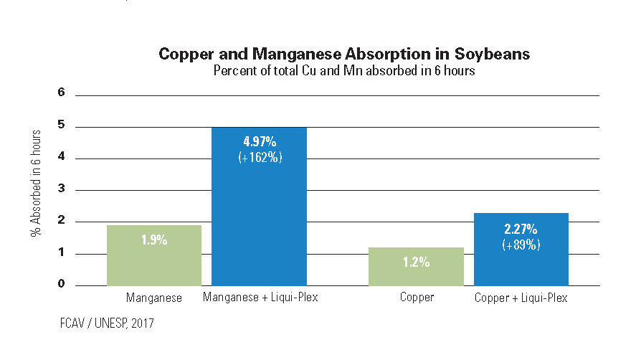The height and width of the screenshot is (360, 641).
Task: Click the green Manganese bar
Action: [154, 255]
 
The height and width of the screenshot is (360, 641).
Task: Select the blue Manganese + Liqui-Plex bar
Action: [259, 207]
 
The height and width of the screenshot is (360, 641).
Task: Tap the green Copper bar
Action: [416, 266]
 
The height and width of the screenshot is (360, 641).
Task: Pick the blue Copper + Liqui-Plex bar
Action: [521, 249]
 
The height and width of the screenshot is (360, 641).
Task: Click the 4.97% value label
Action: [260, 141]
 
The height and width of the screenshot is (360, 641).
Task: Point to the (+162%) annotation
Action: [260, 158]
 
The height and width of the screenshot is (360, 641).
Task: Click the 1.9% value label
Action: [154, 240]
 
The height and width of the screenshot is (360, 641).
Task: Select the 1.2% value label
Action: [416, 262]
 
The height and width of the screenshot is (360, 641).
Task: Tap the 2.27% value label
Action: [521, 229]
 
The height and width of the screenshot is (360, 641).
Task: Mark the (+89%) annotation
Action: [521, 245]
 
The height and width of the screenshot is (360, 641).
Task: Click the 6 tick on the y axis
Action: [62, 92]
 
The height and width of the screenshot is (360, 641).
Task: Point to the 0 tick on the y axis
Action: [62, 283]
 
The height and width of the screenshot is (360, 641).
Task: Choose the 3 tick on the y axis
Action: [62, 188]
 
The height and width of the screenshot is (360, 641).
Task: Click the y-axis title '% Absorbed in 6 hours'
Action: [36, 184]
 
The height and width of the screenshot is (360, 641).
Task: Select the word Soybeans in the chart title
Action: [492, 54]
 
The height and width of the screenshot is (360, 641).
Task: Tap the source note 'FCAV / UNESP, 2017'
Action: [107, 323]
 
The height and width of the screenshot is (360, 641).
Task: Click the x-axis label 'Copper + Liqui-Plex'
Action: [521, 298]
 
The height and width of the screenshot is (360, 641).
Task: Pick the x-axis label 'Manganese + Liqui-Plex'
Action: [260, 297]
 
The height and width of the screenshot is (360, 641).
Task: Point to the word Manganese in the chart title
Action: [296, 54]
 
